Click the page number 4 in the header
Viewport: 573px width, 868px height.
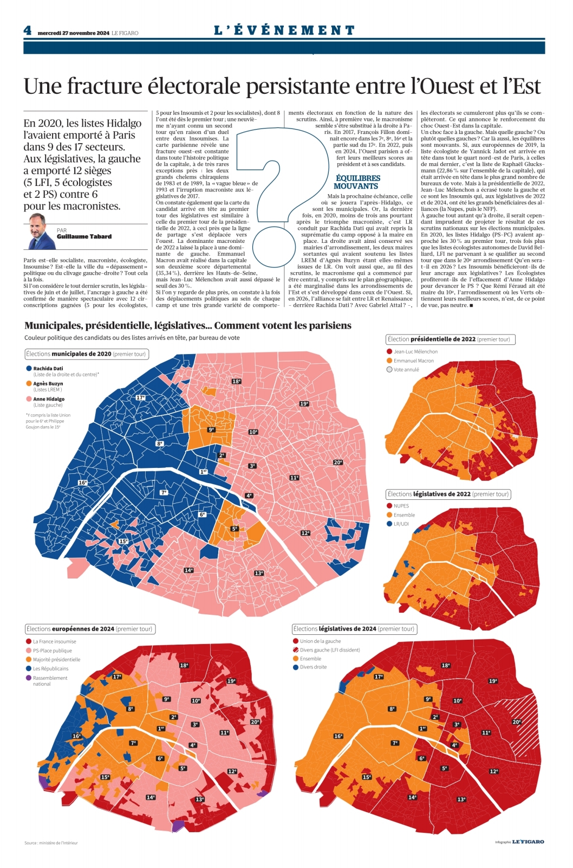click(27, 30)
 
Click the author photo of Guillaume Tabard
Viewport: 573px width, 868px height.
click(41, 232)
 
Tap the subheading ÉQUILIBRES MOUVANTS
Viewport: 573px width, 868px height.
click(358, 182)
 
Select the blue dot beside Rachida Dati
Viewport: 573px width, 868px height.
click(29, 369)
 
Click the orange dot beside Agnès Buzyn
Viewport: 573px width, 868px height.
click(29, 383)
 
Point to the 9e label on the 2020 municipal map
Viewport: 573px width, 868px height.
click(211, 430)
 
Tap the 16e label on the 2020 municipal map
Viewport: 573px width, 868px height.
click(83, 483)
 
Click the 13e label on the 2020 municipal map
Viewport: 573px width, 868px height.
click(259, 573)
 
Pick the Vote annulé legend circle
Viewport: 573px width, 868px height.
click(389, 370)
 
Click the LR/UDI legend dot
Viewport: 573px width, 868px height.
click(389, 524)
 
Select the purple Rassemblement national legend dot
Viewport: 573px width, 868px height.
click(29, 678)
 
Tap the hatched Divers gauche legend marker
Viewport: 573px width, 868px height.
click(296, 650)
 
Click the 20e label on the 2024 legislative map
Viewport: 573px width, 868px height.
click(517, 722)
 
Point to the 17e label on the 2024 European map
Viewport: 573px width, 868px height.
click(117, 677)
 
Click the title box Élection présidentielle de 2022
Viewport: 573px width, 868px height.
click(451, 339)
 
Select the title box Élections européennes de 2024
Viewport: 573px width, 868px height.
click(90, 629)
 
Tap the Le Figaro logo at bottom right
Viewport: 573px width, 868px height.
click(528, 841)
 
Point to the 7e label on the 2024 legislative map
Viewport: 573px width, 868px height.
click(395, 743)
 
